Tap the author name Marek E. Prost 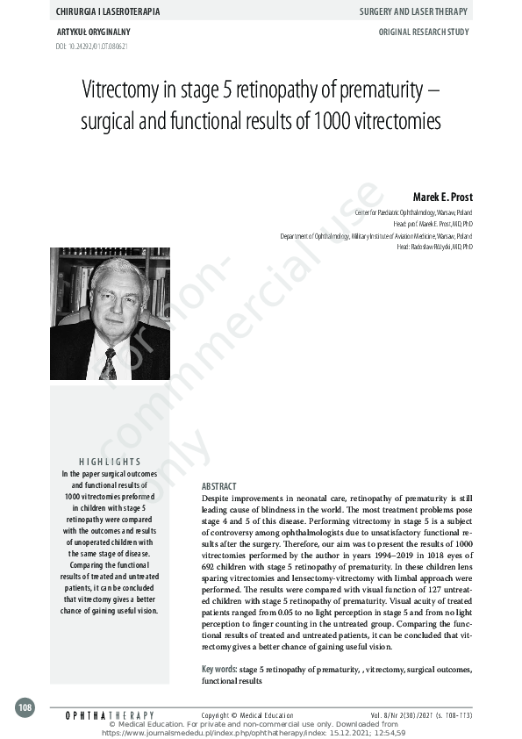442,197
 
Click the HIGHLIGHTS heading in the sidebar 110,462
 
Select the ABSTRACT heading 219,485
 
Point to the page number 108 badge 25,707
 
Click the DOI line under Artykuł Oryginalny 85,45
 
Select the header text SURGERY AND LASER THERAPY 415,11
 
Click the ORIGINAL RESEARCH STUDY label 424,32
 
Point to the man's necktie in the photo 109,362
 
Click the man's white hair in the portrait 119,268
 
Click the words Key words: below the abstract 219,669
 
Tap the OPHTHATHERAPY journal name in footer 110,716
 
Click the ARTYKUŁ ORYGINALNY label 93,32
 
